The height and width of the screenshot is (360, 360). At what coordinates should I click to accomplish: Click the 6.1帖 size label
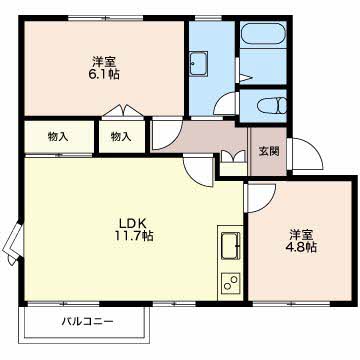coord(104,74)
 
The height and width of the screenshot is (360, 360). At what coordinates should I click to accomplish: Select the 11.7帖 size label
coord(134,236)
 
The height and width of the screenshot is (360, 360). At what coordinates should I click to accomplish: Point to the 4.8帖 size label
coord(301,247)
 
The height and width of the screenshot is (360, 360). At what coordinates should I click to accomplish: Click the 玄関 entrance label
coord(269,151)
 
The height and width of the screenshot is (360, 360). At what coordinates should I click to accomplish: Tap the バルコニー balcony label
coord(88,322)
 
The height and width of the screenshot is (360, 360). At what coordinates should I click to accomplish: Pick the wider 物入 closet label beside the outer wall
coord(58,137)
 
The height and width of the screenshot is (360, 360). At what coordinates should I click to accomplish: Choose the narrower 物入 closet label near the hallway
coord(121,137)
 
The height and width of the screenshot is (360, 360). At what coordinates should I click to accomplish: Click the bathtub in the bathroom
coord(263,33)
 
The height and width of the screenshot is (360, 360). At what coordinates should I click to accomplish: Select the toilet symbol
coord(272,106)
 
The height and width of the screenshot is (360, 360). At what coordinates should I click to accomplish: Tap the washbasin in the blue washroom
coord(199,63)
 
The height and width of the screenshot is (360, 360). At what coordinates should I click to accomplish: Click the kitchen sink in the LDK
coord(230,245)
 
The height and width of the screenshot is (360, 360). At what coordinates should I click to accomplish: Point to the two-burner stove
coord(230,283)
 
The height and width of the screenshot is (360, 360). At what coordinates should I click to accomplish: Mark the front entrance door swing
coord(307,155)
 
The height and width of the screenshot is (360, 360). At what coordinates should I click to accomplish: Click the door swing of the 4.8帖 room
coord(260,198)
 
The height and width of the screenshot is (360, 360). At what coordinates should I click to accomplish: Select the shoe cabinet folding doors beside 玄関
coord(233,156)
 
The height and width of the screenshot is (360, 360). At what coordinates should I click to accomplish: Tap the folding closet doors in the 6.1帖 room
coord(123,111)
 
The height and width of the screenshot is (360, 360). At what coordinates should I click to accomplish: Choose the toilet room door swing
coord(226,104)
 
